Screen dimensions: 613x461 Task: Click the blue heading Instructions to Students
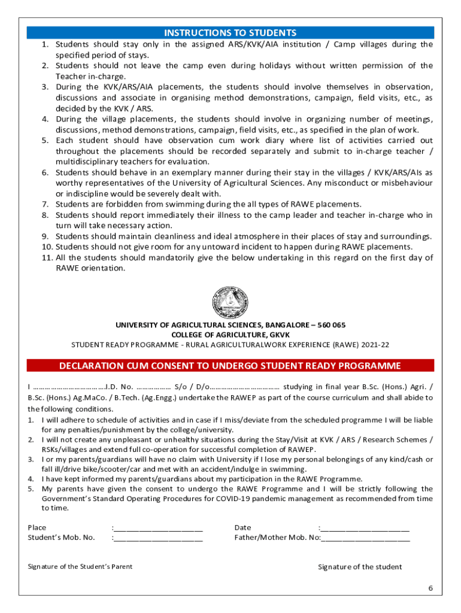tap(230, 32)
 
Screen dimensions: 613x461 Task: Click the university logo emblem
tap(230, 302)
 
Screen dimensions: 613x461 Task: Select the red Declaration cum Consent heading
tap(230, 366)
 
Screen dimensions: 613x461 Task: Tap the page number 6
tap(430, 588)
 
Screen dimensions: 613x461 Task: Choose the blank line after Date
tap(365, 528)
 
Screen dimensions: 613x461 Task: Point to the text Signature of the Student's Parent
tap(80, 566)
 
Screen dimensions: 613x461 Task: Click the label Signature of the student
tap(360, 567)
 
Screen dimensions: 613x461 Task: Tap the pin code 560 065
tap(332, 325)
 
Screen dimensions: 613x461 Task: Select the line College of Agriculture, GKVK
tap(230, 335)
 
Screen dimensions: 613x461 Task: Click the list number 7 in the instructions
tap(45, 205)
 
